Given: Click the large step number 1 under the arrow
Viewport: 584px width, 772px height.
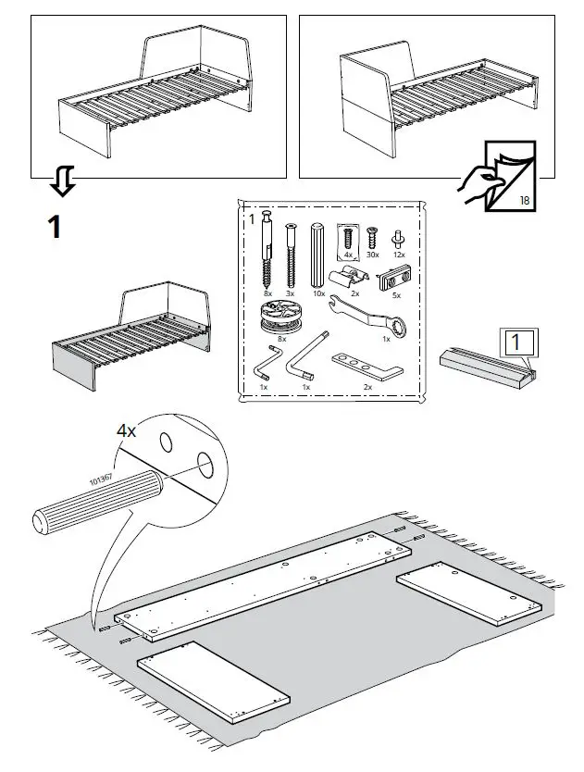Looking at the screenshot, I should pos(56,226).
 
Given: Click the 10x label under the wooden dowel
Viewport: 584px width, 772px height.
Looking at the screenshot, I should pos(318,293).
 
